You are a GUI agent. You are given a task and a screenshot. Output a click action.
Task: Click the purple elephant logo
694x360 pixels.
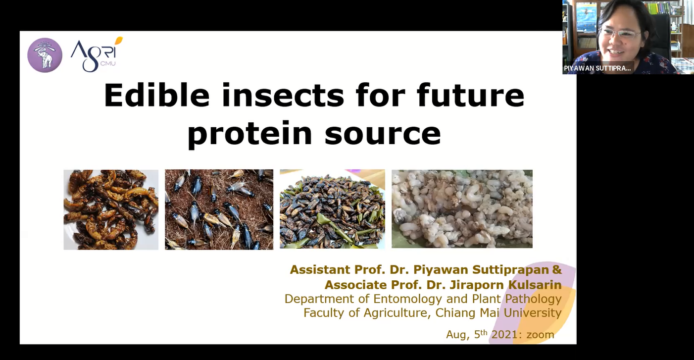click(45, 55)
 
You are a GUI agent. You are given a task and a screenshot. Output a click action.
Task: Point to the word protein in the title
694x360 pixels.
click(249, 134)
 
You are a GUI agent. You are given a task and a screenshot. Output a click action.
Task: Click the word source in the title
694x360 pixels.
click(383, 134)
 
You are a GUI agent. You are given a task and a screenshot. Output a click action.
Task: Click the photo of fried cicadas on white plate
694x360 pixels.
click(111, 209)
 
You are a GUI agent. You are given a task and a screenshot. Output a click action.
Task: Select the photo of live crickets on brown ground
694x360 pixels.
click(219, 209)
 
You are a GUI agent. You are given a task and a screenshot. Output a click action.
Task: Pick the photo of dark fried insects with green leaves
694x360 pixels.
click(333, 209)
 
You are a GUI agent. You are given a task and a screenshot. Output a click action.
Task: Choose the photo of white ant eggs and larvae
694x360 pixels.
click(462, 208)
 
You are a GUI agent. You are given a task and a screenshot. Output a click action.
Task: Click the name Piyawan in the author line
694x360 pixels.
click(441, 270)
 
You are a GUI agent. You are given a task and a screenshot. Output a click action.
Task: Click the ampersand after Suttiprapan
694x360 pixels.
click(557, 270)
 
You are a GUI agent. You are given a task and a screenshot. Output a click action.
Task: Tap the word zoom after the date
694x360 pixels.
click(541, 335)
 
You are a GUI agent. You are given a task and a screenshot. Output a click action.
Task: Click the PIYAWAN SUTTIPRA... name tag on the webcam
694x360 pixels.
click(597, 68)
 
